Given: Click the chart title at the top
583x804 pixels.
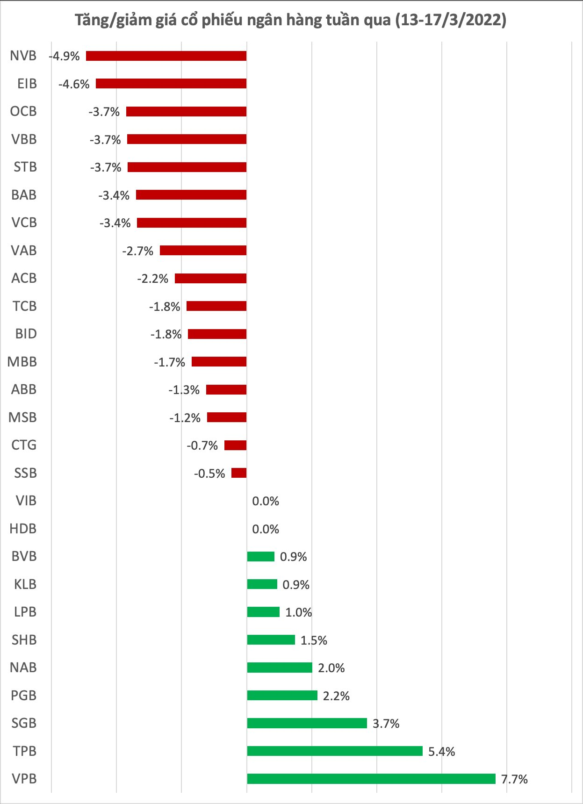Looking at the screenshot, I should pos(291,20).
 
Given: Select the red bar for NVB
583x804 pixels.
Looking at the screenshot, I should pos(166,56).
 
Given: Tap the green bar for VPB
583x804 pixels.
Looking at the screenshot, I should pos(371,779).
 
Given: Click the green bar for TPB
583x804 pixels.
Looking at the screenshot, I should pos(335,751).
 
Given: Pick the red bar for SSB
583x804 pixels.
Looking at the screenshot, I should pos(239,473).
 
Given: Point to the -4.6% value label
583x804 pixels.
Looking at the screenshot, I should pos(74,84).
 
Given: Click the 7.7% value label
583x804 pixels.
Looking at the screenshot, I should pos(514,779).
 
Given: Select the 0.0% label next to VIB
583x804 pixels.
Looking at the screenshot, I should pos(266,501).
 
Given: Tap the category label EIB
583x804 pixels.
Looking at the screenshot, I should pos(27,84).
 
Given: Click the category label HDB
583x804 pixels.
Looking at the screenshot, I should pos(23,529).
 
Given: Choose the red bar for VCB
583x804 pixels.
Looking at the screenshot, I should pos(192,223).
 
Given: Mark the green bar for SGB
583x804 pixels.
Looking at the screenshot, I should pos(307,723).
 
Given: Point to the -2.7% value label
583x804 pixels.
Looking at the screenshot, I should pos(138,251).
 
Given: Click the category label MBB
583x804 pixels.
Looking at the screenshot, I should pos(22,362).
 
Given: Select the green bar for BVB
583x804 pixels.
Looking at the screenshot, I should pos(261,556).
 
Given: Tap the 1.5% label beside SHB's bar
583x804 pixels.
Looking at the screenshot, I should pos(314,640).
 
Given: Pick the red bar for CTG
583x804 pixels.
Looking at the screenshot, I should pos(235,445).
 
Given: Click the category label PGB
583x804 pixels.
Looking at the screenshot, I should pos(23,696).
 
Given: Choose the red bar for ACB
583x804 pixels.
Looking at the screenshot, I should pos(210,279).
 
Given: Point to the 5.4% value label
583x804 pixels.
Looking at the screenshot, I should pos(442,752).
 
